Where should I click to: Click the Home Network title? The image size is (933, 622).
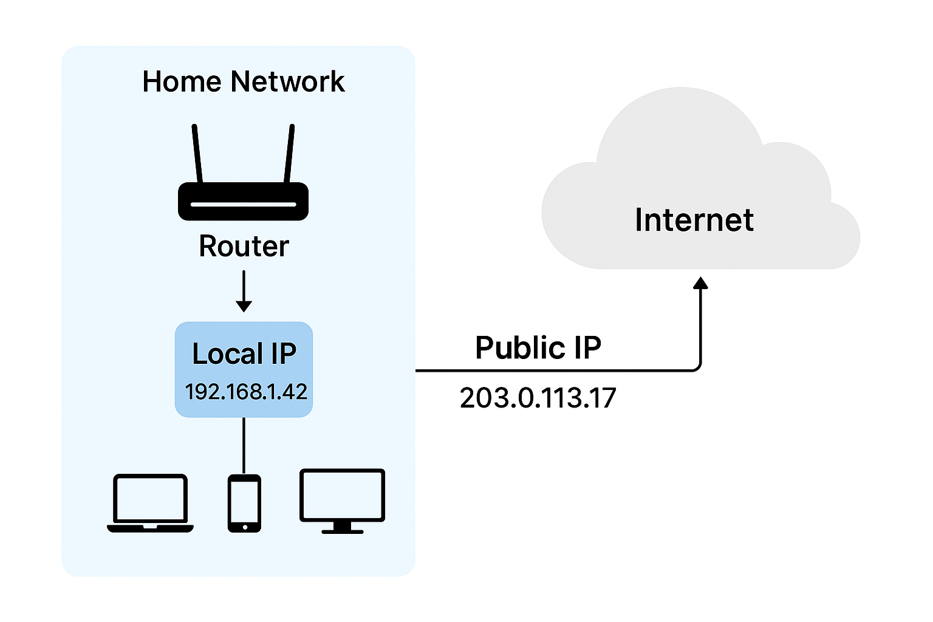click(243, 81)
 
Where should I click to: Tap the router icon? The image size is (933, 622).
click(243, 200)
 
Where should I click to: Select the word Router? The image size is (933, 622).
click(244, 246)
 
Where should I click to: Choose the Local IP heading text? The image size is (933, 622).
click(244, 354)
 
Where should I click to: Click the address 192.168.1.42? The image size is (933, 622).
click(245, 392)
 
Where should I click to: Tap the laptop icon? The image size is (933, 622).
click(150, 503)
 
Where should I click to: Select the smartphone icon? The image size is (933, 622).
click(244, 503)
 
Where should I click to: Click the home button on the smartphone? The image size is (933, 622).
click(244, 527)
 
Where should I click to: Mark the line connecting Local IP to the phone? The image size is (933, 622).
click(244, 445)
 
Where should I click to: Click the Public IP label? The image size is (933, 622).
click(538, 347)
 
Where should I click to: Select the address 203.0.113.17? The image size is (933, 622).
click(538, 398)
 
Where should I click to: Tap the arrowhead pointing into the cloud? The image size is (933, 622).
click(701, 283)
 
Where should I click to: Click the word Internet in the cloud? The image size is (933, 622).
click(694, 220)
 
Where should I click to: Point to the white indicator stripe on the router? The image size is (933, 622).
click(243, 205)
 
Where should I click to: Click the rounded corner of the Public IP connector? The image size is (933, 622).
click(698, 367)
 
